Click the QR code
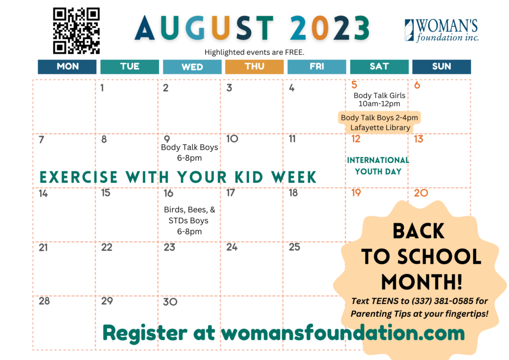click(x=76, y=31)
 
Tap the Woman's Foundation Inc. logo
click(x=441, y=30)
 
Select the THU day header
click(x=254, y=67)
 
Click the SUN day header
click(x=441, y=67)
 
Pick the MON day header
click(x=67, y=67)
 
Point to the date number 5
click(x=354, y=85)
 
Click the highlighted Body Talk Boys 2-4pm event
click(x=379, y=122)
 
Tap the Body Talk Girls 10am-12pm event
click(x=379, y=99)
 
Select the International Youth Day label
click(x=378, y=166)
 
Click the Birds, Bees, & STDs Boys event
click(x=189, y=220)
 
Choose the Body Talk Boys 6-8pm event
click(x=189, y=152)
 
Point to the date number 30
click(x=170, y=302)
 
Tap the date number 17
click(x=231, y=193)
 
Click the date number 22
click(x=107, y=247)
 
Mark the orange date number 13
click(x=419, y=139)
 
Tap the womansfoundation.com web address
click(x=343, y=333)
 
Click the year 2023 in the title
click(x=330, y=28)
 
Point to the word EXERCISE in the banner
click(x=79, y=177)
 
